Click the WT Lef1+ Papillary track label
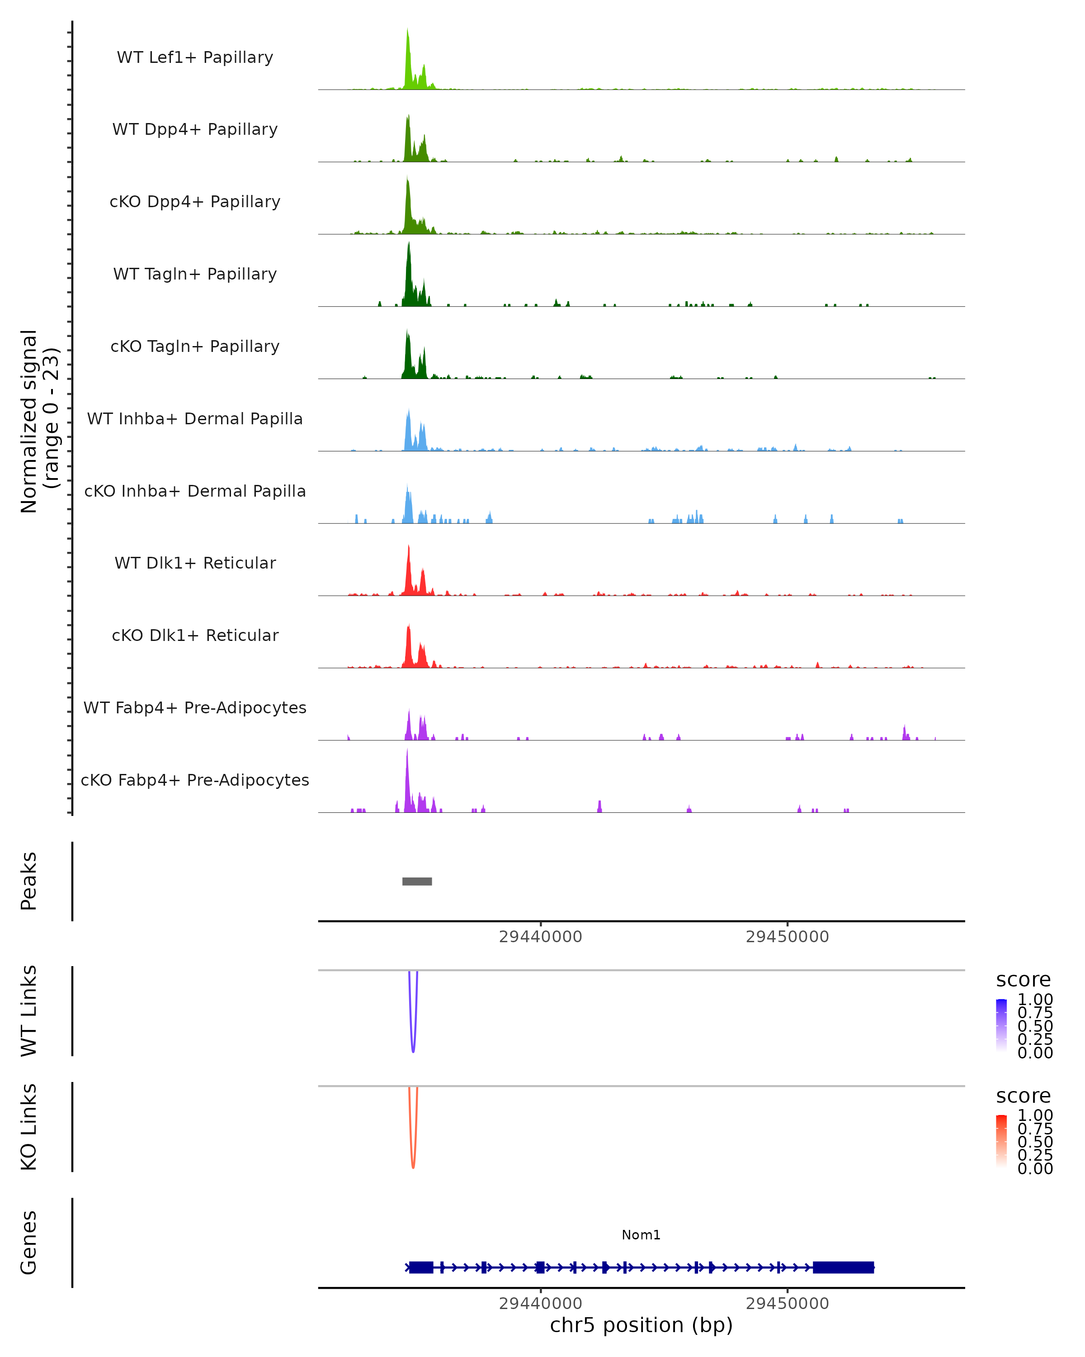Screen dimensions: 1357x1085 (195, 57)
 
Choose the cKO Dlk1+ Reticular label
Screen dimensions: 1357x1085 (195, 635)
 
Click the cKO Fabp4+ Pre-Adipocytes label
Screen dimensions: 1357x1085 (195, 780)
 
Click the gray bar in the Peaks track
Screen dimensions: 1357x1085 (417, 881)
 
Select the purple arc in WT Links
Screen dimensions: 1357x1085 (413, 1045)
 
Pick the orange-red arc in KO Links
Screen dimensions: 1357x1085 (413, 1161)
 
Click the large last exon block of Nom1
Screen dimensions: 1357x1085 (843, 1267)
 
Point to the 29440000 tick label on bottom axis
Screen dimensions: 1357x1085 (540, 1304)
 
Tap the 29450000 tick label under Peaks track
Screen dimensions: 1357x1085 (787, 937)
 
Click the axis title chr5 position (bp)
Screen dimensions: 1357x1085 (641, 1325)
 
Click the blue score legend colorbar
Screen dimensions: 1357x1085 (1001, 1025)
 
